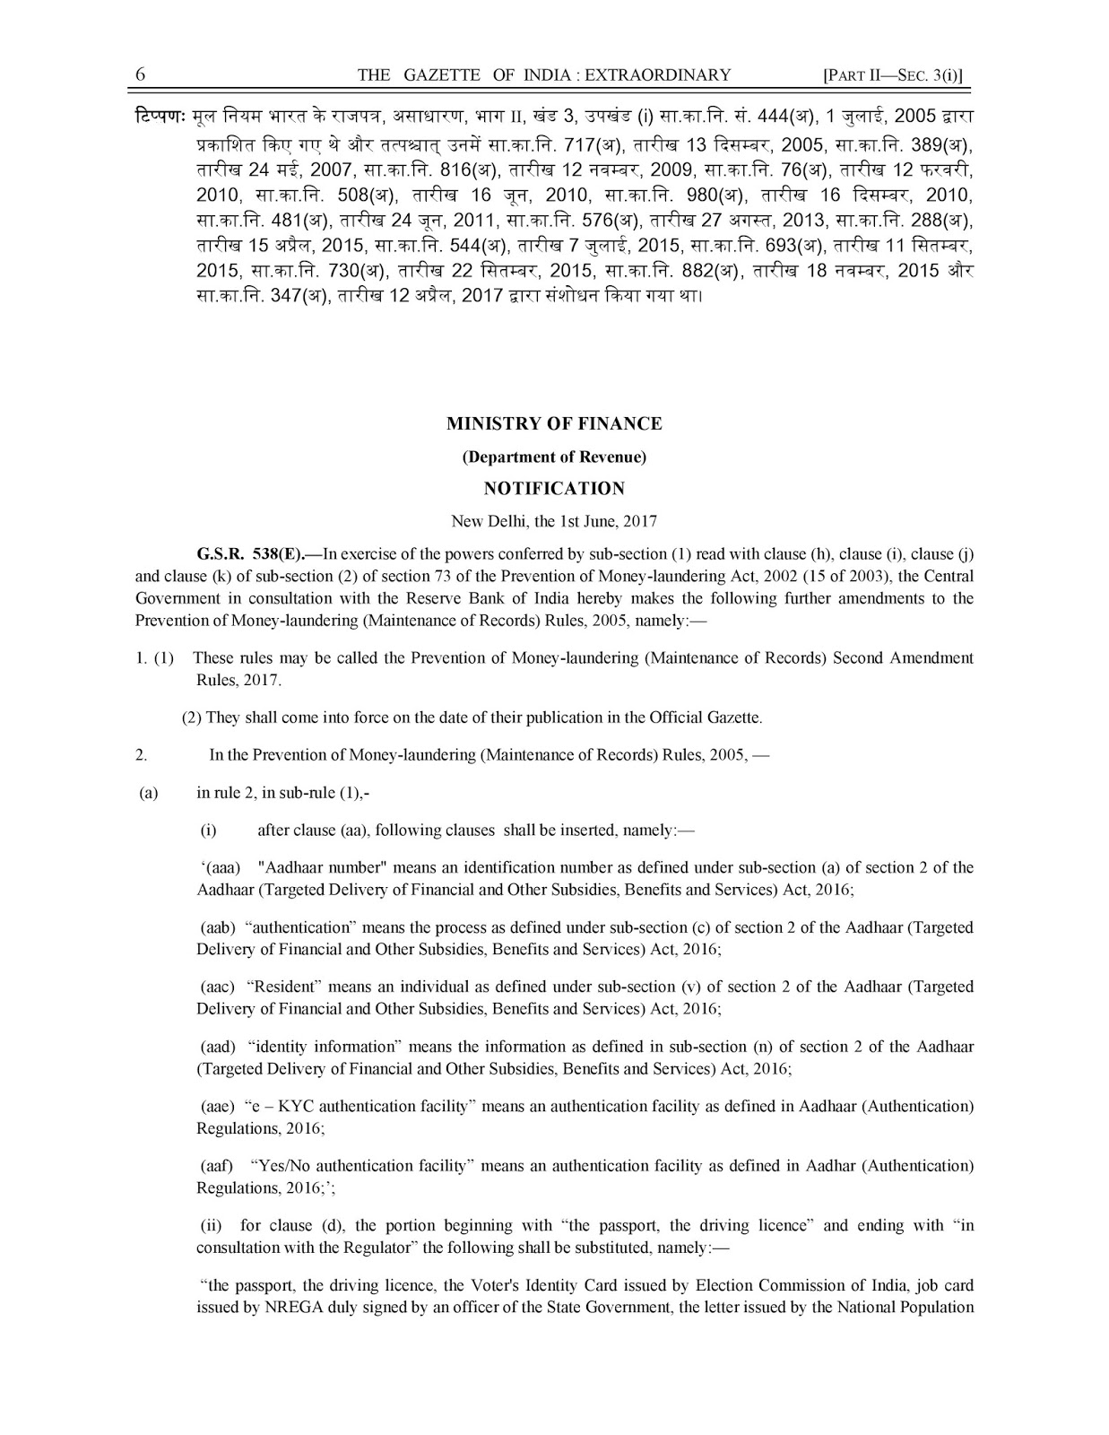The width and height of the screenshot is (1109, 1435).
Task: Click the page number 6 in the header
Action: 141,75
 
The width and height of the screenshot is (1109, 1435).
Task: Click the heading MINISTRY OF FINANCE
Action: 554,423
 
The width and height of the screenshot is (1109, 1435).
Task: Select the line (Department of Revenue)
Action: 554,457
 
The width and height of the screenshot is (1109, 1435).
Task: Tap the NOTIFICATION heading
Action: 554,489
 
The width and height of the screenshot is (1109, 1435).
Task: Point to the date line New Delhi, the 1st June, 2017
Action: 554,521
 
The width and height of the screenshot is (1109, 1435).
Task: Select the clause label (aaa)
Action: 221,868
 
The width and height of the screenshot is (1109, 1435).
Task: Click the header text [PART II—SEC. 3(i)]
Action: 897,76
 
